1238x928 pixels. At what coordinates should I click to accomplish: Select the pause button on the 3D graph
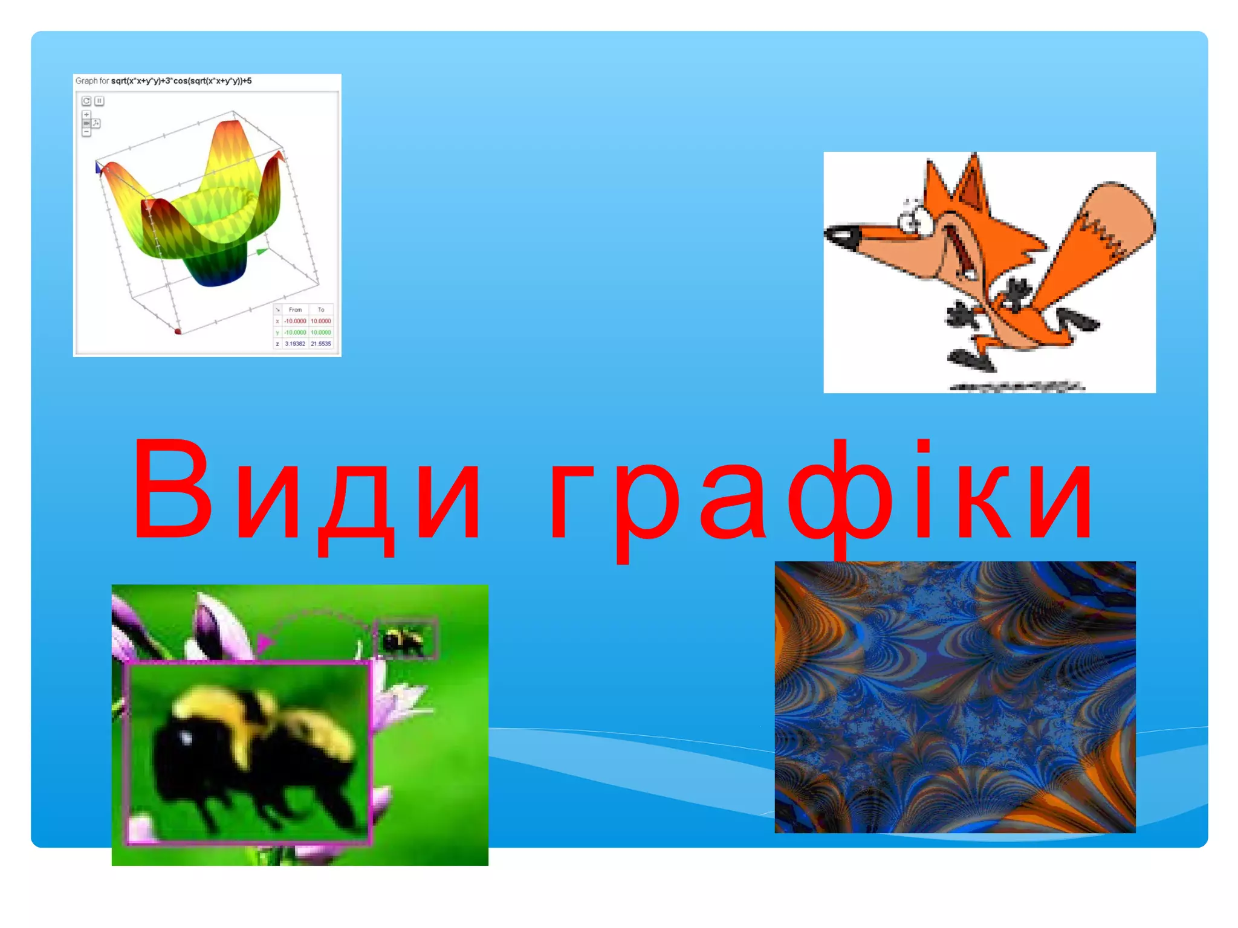tap(99, 101)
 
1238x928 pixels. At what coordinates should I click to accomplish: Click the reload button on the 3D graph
tap(86, 101)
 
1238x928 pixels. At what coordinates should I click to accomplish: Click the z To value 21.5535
tap(320, 344)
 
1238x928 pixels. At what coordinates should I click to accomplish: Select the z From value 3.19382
tap(295, 344)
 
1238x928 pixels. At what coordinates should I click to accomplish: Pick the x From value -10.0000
tap(295, 321)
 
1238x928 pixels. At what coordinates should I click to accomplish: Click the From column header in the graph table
tap(295, 309)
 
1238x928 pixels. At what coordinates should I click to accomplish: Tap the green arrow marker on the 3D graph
tap(262, 251)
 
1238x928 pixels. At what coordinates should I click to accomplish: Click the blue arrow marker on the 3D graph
tap(99, 167)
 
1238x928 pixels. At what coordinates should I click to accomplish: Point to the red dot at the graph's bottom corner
tap(178, 331)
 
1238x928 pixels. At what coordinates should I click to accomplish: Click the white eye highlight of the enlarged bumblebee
tap(186, 738)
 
